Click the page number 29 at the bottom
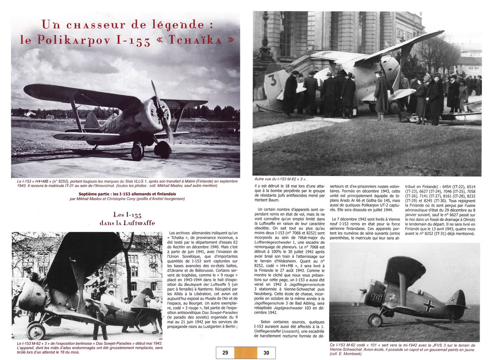(x=225, y=353)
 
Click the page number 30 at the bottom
(x=266, y=353)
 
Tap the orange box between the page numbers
(x=245, y=353)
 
